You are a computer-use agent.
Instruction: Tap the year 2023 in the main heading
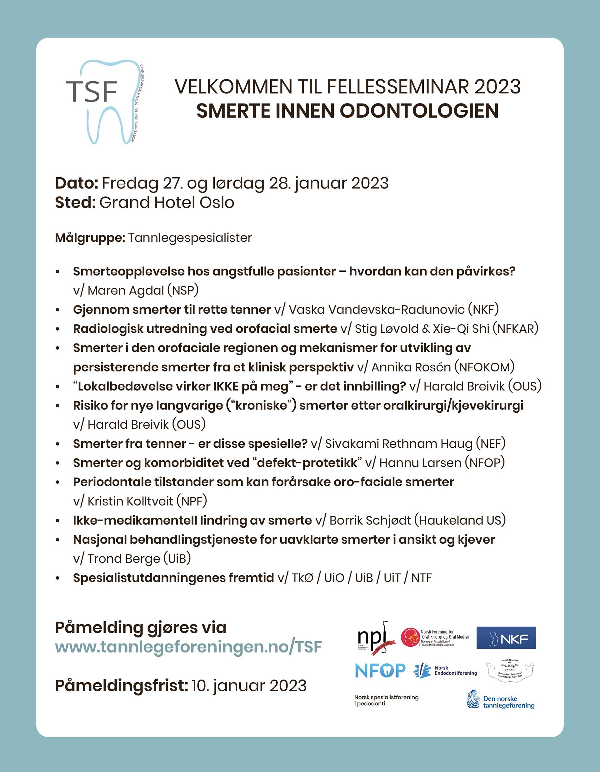click(x=497, y=87)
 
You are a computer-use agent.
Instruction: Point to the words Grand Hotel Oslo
click(x=167, y=203)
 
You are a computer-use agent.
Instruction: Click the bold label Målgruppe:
click(x=90, y=238)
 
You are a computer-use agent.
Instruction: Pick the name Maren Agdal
click(x=126, y=290)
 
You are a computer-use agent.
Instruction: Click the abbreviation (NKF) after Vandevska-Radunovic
click(x=483, y=310)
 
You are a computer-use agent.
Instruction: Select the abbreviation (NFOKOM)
click(x=484, y=367)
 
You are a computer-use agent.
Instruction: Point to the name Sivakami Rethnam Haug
click(x=398, y=444)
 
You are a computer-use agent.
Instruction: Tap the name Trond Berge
click(x=124, y=558)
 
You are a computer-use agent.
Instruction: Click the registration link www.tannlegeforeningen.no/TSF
click(x=188, y=647)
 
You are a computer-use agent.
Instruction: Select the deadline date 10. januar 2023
click(x=249, y=685)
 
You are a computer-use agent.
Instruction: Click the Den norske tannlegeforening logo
click(x=501, y=699)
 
